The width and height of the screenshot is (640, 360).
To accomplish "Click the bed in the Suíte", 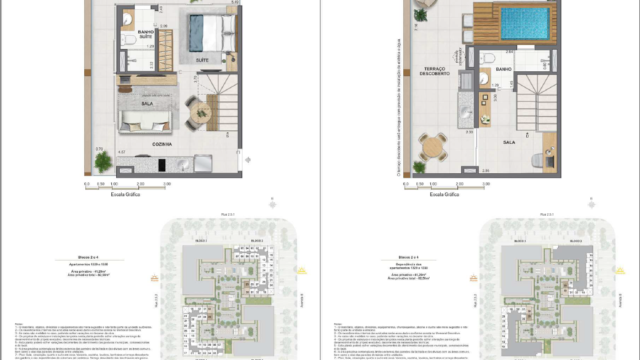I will click(211, 30).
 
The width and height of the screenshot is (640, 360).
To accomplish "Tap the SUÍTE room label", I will click(202, 60).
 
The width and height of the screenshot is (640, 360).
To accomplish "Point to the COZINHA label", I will click(162, 144).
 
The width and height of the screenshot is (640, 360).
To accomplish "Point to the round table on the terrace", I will click(432, 146).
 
